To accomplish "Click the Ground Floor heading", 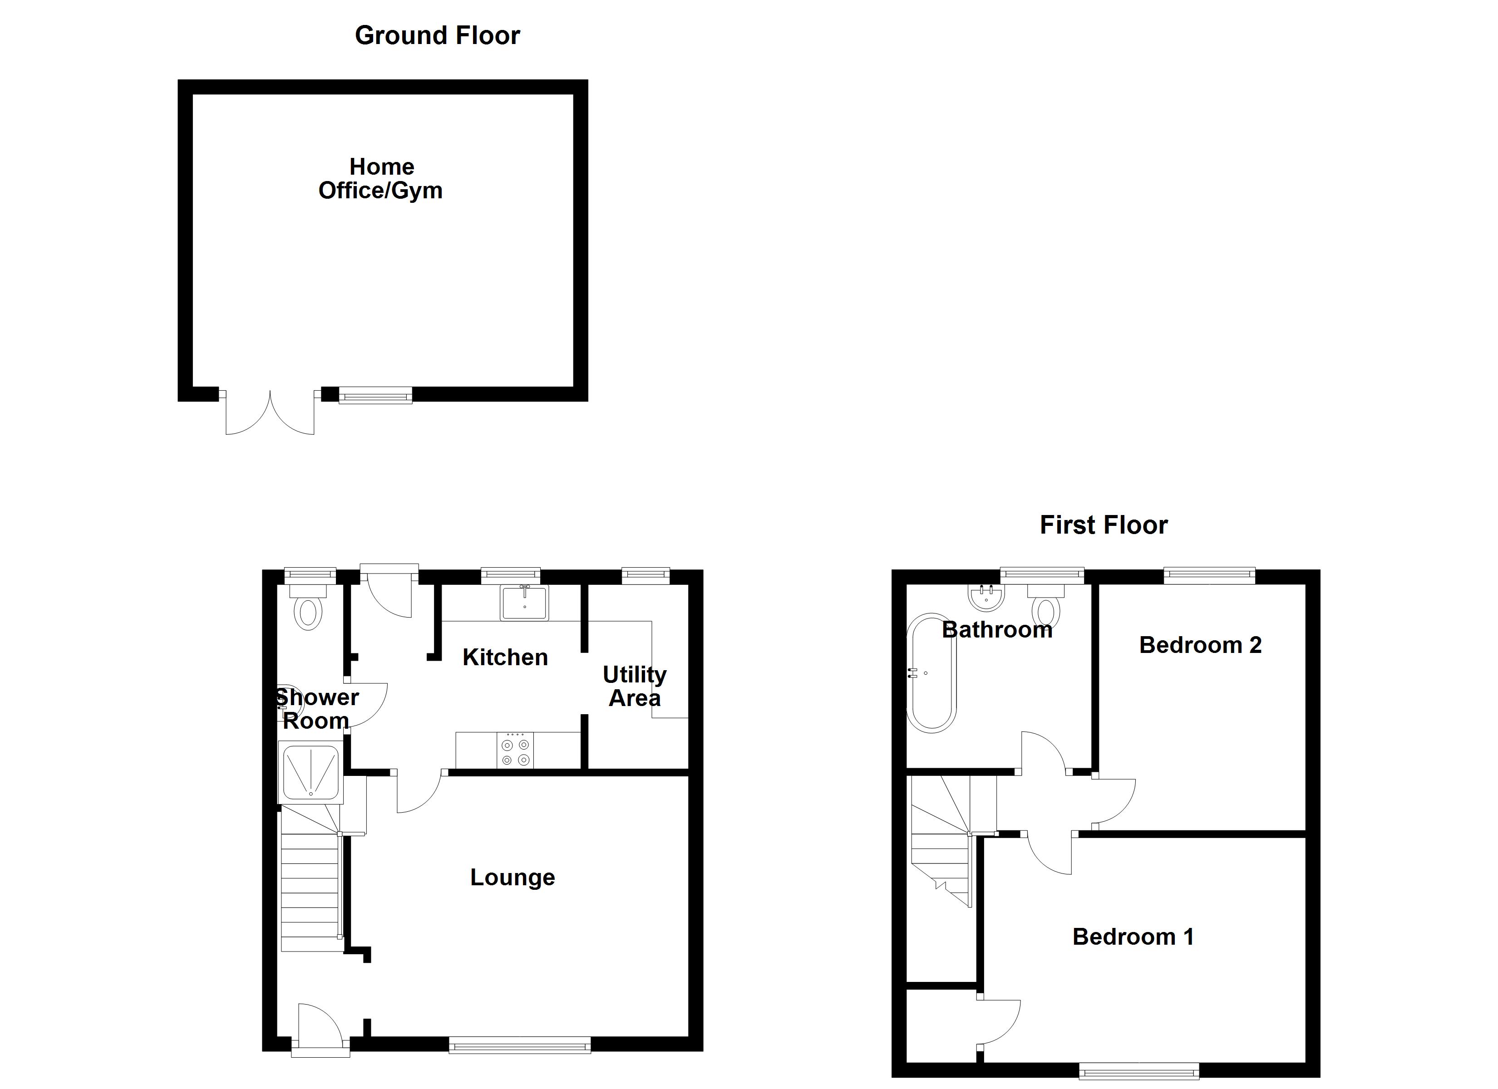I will [437, 36].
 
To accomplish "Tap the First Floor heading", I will [1104, 525].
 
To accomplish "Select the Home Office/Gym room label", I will [381, 178].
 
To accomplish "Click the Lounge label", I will [512, 877].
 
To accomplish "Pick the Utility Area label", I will [635, 686].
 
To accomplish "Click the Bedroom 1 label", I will [1133, 937].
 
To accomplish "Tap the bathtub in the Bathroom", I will [931, 672].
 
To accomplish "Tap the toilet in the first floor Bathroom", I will [1046, 609].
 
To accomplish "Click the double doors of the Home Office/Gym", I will [270, 413].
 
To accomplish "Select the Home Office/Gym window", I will [375, 395].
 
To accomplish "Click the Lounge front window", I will [520, 1045].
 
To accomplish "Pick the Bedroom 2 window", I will [1209, 576].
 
